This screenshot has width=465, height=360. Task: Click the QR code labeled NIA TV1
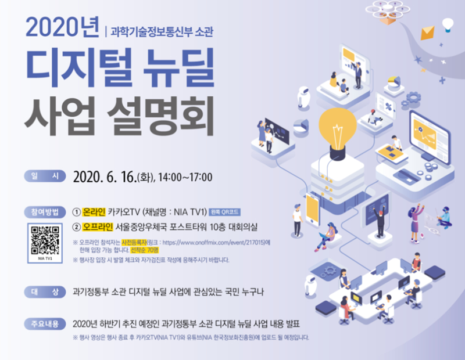pos(45,238)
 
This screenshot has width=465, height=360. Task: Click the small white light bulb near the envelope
pos(447,24)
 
